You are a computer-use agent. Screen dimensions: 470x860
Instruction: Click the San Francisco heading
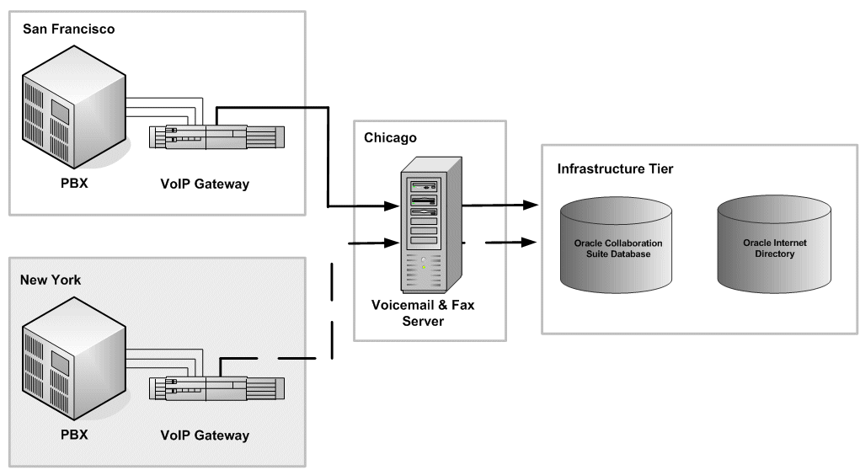click(69, 29)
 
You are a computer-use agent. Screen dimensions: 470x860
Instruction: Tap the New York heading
click(51, 280)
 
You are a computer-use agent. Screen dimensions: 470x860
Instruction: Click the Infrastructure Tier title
click(615, 169)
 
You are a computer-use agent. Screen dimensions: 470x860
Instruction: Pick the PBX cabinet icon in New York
click(74, 362)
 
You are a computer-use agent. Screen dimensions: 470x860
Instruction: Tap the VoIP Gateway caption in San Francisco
click(204, 184)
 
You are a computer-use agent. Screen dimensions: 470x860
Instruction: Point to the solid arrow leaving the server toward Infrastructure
click(501, 205)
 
